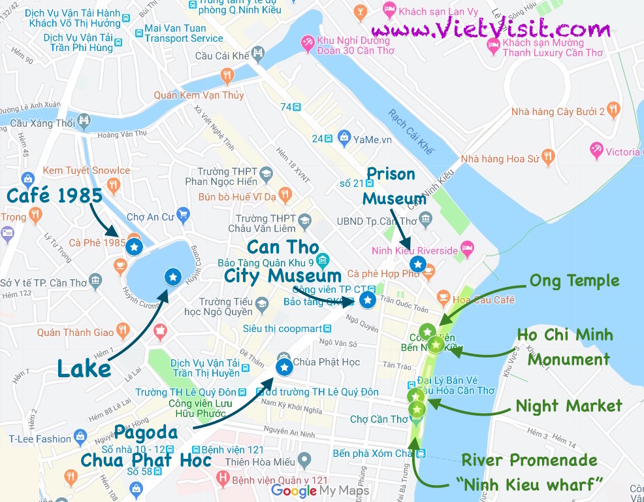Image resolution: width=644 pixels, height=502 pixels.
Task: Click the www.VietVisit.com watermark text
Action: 491,29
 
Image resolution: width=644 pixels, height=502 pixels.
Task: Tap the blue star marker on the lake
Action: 172,277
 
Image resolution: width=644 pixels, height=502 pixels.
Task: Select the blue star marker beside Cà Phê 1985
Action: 134,247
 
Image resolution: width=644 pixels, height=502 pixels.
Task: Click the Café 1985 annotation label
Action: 55,195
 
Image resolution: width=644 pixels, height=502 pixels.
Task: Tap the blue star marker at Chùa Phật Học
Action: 284,368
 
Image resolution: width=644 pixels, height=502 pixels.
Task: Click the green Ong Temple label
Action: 574,281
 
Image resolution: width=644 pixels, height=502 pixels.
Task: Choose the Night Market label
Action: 569,406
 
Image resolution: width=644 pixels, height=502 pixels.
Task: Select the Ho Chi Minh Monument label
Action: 565,347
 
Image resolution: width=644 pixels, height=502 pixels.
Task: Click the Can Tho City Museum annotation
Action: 283,262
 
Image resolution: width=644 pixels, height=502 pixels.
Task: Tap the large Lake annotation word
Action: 84,369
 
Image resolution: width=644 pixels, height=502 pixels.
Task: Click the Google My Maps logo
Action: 320,490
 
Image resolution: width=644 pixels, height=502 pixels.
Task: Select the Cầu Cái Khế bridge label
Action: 223,56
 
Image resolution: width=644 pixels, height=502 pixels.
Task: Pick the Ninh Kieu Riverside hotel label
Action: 415,250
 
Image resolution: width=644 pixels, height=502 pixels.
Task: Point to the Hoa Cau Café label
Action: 484,299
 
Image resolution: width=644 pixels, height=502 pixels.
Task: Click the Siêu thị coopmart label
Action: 283,328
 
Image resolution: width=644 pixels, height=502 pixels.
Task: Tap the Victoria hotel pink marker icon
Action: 596,150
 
